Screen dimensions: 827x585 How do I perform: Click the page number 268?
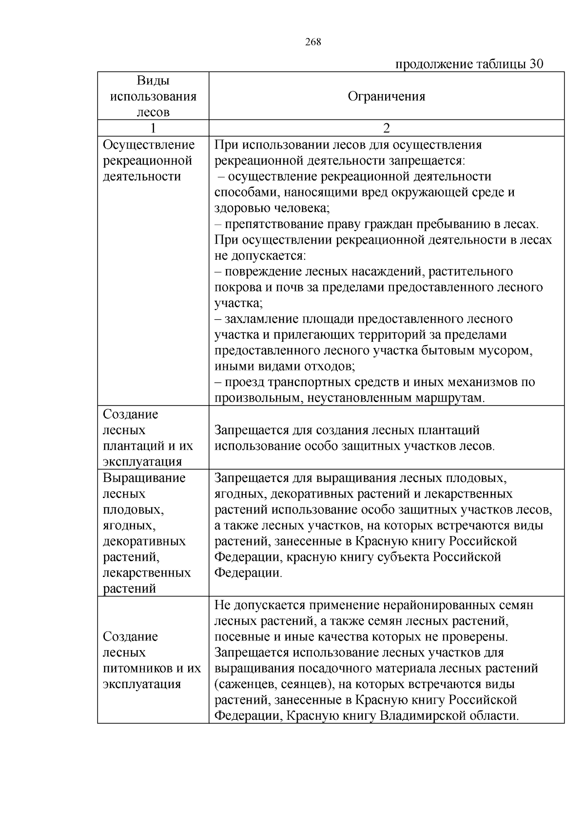(x=313, y=42)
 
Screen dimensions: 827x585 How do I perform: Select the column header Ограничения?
(x=386, y=96)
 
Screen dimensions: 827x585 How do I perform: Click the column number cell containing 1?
(x=153, y=128)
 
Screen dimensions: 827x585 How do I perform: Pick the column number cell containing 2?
(x=386, y=128)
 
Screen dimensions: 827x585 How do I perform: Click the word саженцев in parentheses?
(x=244, y=684)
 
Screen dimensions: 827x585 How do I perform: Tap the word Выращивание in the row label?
(x=144, y=478)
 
